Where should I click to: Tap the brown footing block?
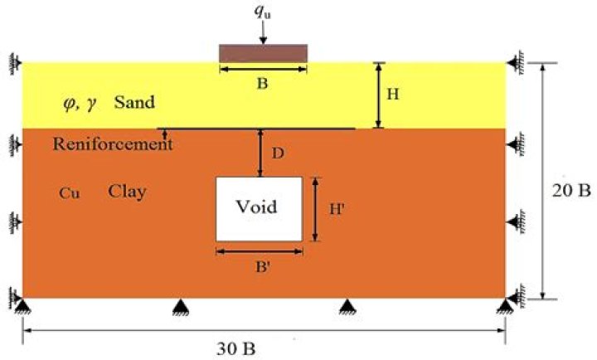(263, 53)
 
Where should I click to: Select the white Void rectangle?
(259, 208)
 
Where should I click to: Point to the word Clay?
(127, 192)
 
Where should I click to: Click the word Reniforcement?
(113, 144)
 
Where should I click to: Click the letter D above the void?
(278, 153)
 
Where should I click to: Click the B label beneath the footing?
(263, 83)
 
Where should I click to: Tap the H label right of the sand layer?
(394, 94)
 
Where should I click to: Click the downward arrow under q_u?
(263, 33)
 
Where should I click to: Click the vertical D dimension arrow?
(261, 153)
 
